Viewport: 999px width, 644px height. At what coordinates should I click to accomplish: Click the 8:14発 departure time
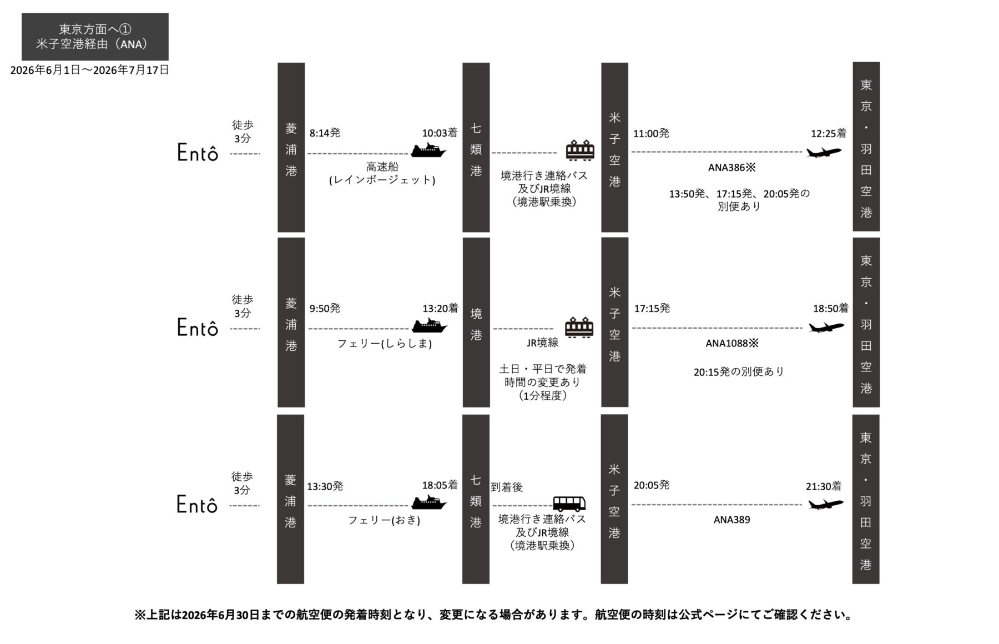click(325, 133)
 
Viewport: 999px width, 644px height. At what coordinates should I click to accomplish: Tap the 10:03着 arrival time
click(440, 133)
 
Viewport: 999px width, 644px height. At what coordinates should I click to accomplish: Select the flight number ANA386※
click(731, 168)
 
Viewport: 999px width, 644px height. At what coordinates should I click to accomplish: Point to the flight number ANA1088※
click(731, 344)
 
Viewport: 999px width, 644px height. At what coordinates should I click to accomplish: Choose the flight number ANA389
click(731, 520)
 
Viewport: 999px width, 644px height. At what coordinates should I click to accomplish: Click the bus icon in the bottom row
click(569, 504)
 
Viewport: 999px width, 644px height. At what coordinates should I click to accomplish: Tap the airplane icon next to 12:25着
click(823, 152)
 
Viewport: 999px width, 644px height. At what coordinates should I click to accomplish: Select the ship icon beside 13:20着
click(429, 326)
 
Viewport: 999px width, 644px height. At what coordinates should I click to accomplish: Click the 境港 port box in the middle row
click(476, 323)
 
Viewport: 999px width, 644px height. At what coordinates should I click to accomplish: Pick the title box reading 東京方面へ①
click(95, 37)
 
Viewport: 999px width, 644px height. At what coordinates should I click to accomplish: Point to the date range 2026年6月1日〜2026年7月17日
click(89, 71)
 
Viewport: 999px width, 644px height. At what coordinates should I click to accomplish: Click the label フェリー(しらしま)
click(385, 344)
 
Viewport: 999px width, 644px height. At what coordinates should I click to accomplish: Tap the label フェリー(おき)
click(384, 521)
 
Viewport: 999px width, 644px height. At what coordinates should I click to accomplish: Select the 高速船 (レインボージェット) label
click(382, 173)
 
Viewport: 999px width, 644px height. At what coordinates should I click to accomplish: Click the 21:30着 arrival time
click(824, 486)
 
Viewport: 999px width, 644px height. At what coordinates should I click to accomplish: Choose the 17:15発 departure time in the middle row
click(652, 309)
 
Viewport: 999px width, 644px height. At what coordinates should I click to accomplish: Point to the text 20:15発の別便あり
click(739, 372)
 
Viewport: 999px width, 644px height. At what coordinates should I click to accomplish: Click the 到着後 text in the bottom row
click(507, 487)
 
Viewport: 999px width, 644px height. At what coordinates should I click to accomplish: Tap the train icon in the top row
click(580, 150)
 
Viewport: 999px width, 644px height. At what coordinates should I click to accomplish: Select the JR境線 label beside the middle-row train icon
click(542, 343)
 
